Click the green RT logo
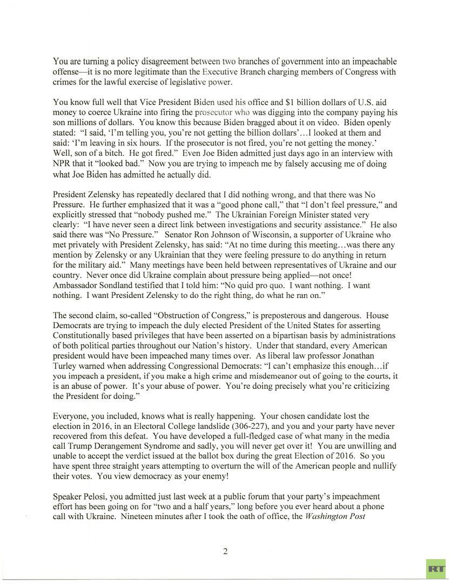point(435,569)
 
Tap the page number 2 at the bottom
point(225,552)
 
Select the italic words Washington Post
point(335,516)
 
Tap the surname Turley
point(66,367)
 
